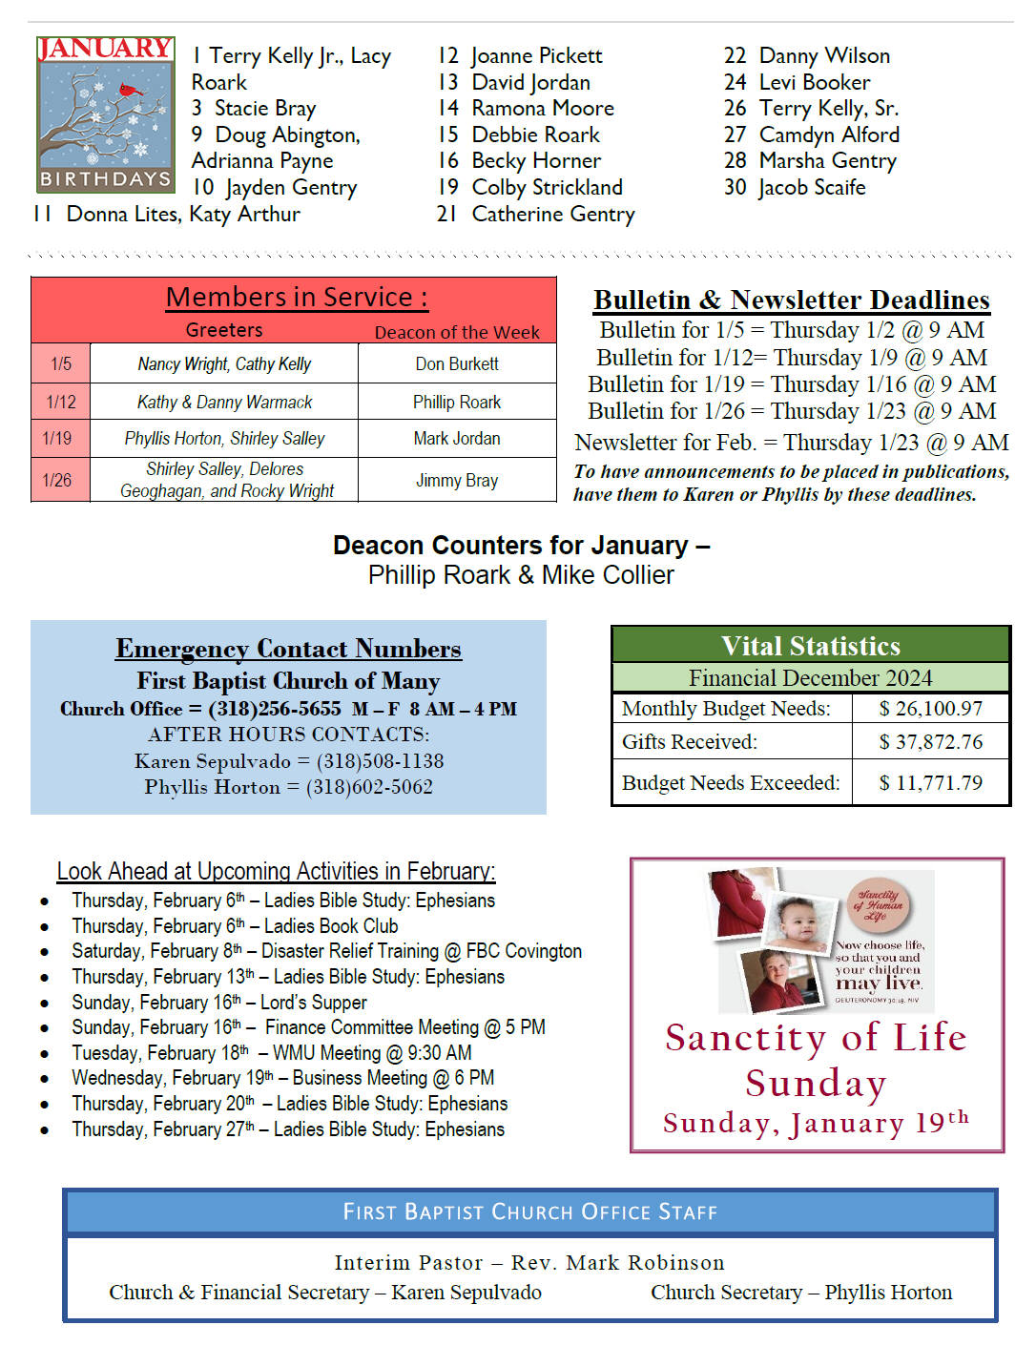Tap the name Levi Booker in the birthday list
(x=815, y=82)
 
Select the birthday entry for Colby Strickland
(x=547, y=187)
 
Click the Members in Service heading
(x=296, y=298)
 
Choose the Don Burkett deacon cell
(x=457, y=363)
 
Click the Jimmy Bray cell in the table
(x=457, y=481)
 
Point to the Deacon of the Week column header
(x=457, y=332)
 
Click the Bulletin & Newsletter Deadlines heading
(x=792, y=300)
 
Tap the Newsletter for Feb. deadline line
(x=792, y=443)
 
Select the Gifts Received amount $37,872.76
(x=930, y=742)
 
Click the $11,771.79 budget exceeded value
(x=930, y=783)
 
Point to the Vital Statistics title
(x=811, y=646)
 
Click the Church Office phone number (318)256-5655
(x=274, y=709)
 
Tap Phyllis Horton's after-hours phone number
(x=369, y=787)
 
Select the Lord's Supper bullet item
(x=219, y=1003)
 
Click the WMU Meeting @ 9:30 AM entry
(x=372, y=1053)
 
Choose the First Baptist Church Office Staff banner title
(x=530, y=1212)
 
